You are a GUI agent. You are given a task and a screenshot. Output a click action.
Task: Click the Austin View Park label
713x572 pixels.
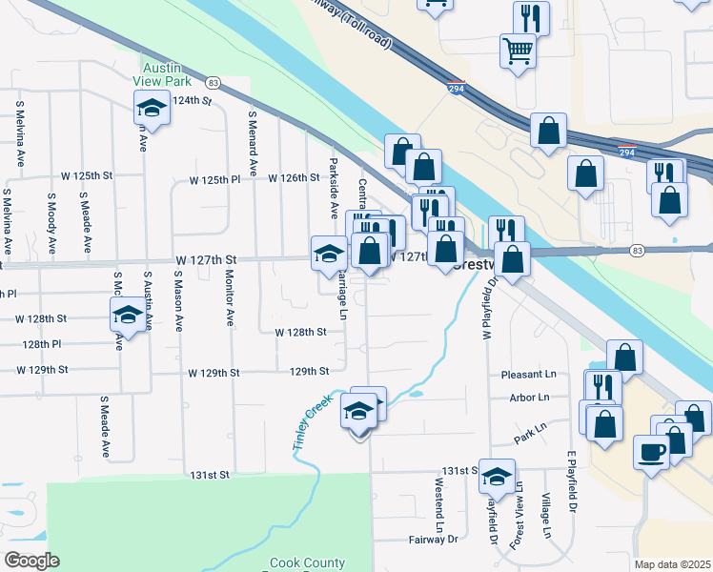pyautogui.click(x=169, y=75)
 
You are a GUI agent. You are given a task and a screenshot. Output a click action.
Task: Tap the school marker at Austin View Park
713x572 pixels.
pyautogui.click(x=151, y=112)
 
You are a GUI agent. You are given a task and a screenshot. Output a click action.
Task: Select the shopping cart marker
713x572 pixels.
pyautogui.click(x=519, y=51)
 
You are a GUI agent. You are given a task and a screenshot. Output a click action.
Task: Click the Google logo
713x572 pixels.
pyautogui.click(x=31, y=561)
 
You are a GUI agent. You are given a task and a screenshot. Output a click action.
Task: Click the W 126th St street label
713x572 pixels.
pyautogui.click(x=294, y=178)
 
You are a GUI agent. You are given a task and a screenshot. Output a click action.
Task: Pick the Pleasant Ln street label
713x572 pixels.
pyautogui.click(x=529, y=376)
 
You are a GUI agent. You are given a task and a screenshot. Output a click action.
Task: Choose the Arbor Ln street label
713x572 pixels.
pyautogui.click(x=530, y=398)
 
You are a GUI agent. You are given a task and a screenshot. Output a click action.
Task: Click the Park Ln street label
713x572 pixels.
pyautogui.click(x=530, y=434)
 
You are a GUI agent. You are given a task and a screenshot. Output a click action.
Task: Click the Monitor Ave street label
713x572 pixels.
pyautogui.click(x=230, y=296)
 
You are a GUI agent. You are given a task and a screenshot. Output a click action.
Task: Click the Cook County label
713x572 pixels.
pyautogui.click(x=305, y=563)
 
